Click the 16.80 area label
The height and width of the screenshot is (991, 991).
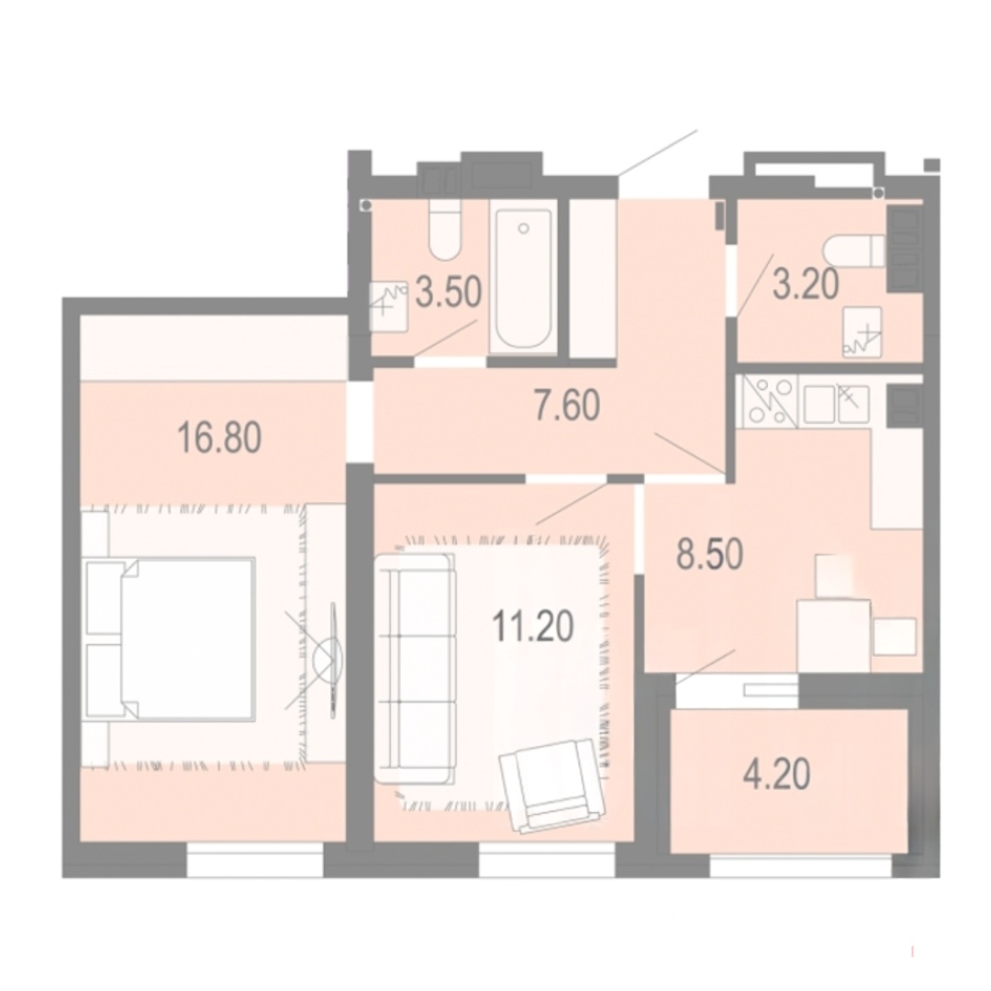219,438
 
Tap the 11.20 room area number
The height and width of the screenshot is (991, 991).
533,627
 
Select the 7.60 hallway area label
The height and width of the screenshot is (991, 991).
567,406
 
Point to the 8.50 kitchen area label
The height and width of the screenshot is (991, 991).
709,554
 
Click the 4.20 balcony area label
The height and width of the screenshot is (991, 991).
777,774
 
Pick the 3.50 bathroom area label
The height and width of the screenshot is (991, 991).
449,294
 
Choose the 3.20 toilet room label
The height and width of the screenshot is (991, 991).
806,283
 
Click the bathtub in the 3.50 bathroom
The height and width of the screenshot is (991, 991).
523,278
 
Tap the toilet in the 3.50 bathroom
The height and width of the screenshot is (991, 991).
444,229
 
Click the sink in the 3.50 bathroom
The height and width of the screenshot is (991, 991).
389,306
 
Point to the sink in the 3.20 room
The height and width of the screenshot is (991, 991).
862,332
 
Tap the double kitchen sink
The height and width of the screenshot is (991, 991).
836,403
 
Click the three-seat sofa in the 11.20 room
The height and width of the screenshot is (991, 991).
415,668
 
